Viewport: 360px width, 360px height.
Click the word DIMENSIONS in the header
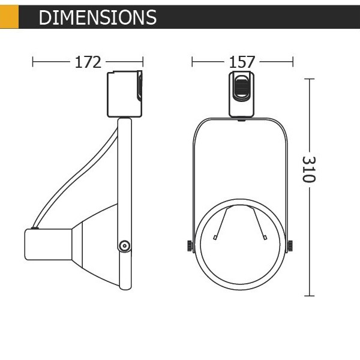tap(98, 17)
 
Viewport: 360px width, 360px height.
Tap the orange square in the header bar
tap(9, 17)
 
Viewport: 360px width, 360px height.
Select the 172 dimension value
tap(88, 62)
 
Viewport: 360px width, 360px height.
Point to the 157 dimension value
tap(242, 62)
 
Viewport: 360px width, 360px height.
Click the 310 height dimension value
tap(309, 169)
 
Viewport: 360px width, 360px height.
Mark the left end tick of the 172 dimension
tap(32, 62)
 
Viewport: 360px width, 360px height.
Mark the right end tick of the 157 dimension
tap(293, 62)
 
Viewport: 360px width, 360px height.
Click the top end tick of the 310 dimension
tap(309, 79)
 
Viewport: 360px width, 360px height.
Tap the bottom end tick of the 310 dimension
tap(309, 296)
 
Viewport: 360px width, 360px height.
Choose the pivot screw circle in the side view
tap(125, 246)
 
